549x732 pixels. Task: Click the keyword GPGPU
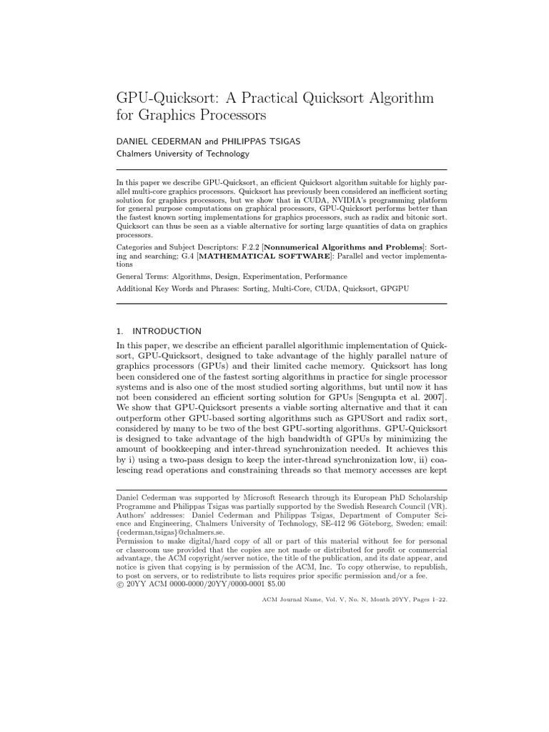tap(392, 288)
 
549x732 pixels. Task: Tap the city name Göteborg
tap(352, 524)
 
